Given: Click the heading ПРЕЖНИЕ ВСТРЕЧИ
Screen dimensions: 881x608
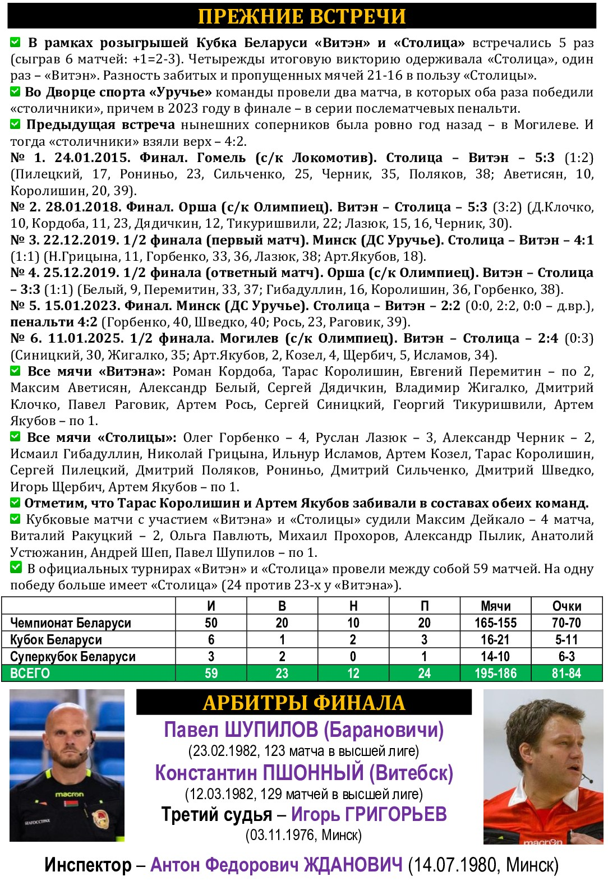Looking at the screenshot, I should point(302,16).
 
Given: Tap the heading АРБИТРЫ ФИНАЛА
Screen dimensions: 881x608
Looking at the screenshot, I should point(303,703).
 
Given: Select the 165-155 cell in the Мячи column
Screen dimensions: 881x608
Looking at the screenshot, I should point(495,623).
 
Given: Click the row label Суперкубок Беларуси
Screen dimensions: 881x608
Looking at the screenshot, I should point(73,657).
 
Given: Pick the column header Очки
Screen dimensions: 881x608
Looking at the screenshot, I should point(566,606).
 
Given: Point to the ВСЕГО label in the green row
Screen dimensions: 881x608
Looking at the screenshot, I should point(30,674).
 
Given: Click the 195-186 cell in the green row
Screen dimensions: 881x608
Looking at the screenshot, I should point(495,674).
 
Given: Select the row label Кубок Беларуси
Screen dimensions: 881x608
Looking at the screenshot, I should point(56,640).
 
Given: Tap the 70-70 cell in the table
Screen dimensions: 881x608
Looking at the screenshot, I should point(566,623).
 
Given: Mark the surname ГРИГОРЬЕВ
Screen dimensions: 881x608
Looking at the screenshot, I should point(395,814).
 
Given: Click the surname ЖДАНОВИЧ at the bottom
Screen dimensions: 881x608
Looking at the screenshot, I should point(353,865).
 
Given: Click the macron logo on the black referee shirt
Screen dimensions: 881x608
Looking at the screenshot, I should point(69,795).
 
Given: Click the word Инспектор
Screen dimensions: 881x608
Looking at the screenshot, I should point(87,865).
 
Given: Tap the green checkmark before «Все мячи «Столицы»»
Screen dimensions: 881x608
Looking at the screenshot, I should point(16,437).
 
